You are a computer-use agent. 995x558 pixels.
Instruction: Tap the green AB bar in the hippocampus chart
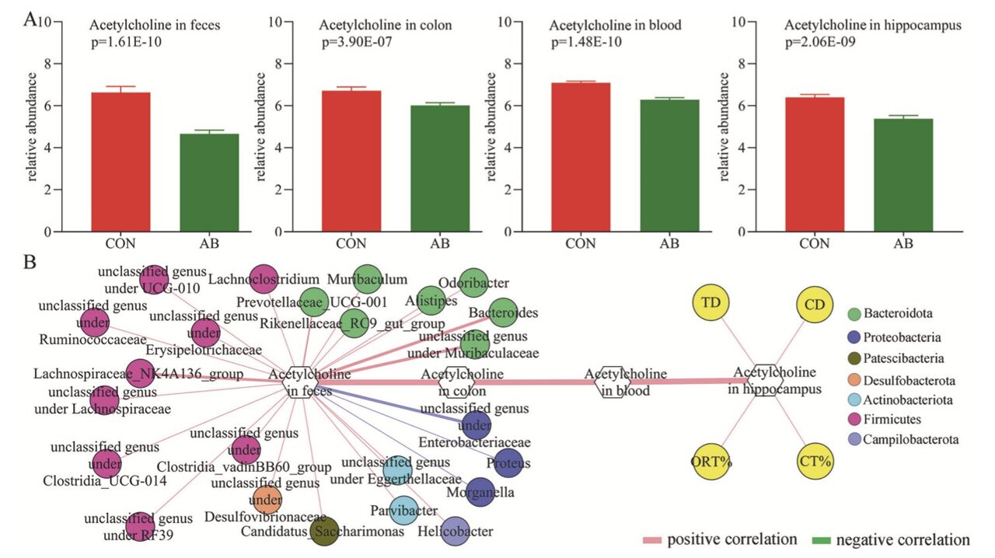coord(902,175)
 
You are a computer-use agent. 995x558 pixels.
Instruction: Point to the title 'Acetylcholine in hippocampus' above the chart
coord(873,26)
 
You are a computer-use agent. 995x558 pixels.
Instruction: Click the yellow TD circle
coord(710,304)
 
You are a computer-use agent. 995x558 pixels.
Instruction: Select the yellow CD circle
coord(815,304)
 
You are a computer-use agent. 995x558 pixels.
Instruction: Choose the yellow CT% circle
coord(815,460)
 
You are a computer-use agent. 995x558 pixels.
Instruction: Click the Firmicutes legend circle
coord(854,420)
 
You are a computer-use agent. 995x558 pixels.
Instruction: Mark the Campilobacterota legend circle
coord(854,440)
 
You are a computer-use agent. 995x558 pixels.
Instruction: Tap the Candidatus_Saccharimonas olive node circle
coord(324,532)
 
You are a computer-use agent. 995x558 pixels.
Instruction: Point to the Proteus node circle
coord(508,463)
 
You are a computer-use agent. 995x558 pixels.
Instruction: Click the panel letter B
coord(30,262)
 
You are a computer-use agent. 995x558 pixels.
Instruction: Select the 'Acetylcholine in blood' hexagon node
coord(612,382)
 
